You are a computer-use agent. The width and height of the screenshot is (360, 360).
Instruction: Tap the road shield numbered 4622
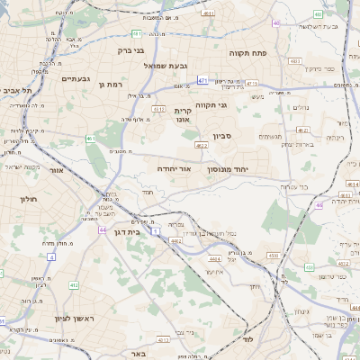pyautogui.click(x=202, y=145)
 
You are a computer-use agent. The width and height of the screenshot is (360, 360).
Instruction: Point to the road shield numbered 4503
pyautogui.click(x=273, y=256)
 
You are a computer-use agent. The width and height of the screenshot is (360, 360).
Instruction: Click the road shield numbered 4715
pyautogui.click(x=252, y=83)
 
